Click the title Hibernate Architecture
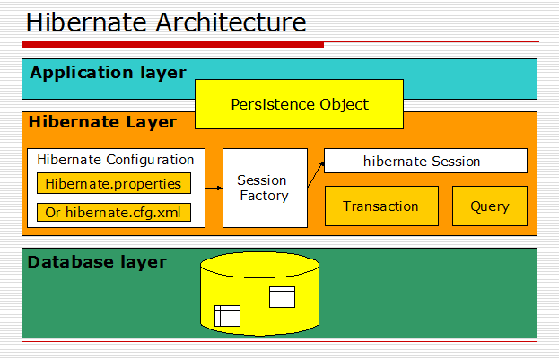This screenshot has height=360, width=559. click(166, 22)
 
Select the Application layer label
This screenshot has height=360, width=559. click(108, 73)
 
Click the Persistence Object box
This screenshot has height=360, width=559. click(299, 104)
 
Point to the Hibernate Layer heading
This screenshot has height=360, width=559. click(102, 122)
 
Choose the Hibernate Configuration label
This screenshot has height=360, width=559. click(116, 160)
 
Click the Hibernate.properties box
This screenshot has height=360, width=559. click(113, 184)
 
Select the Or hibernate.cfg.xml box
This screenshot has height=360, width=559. click(113, 213)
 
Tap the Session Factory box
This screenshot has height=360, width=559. click(264, 188)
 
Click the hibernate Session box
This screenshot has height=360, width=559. click(424, 162)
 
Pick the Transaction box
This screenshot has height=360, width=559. click(380, 206)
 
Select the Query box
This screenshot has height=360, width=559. click(489, 206)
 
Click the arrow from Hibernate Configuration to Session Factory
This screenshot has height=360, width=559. click(214, 188)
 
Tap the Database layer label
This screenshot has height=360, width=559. click(97, 262)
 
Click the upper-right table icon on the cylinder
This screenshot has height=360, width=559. click(282, 297)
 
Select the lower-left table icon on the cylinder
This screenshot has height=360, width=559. click(227, 315)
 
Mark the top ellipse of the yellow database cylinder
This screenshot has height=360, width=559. click(258, 265)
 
